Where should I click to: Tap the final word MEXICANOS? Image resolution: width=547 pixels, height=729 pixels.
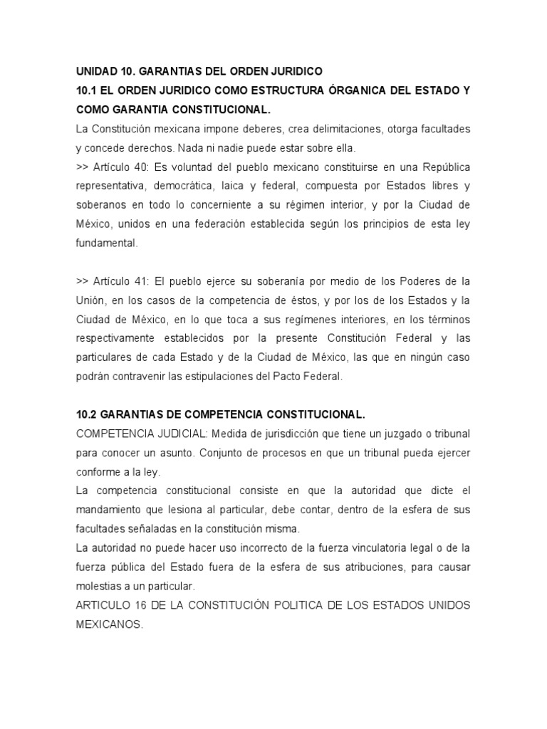pyautogui.click(x=110, y=624)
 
